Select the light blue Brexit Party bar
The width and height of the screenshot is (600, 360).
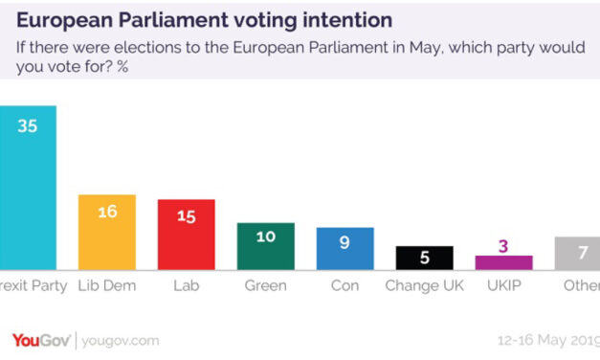click(28, 191)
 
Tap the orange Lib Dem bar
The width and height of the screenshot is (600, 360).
click(107, 235)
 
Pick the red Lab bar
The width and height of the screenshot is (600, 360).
click(186, 237)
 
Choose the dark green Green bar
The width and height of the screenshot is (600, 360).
click(265, 248)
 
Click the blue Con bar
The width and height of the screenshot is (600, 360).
click(344, 250)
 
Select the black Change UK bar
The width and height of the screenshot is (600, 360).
click(424, 259)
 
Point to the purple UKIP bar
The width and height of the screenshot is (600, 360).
click(503, 262)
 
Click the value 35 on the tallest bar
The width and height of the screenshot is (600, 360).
click(28, 126)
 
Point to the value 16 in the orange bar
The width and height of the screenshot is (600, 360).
click(107, 212)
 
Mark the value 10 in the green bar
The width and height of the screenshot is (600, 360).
click(265, 236)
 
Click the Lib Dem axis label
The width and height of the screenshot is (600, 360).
click(107, 285)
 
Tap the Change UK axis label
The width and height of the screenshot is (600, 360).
click(424, 285)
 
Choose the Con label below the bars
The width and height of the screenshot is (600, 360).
click(344, 285)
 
